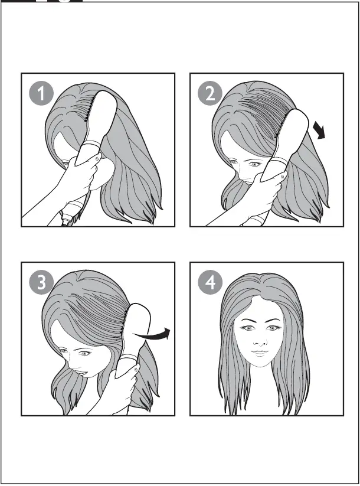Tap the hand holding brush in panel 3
tap(121, 387)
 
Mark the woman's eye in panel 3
tap(84, 353)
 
